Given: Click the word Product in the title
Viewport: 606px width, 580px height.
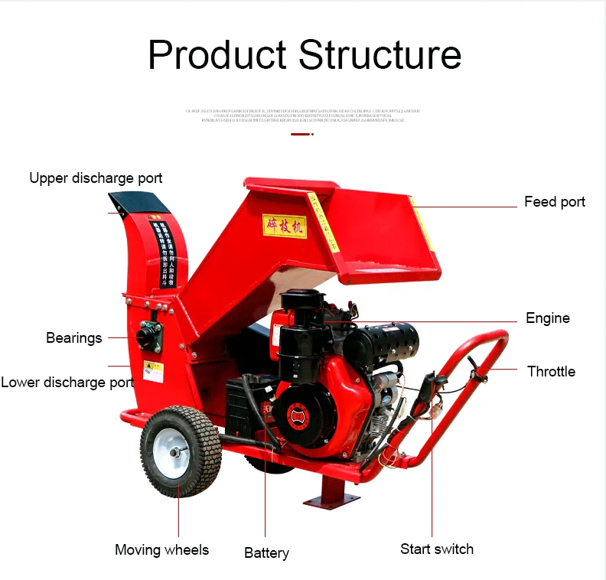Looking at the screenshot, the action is [217, 55].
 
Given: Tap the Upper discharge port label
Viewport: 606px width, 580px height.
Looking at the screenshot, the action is [96, 178].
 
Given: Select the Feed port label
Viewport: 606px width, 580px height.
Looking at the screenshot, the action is [554, 202].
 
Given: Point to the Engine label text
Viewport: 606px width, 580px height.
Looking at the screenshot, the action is [547, 318].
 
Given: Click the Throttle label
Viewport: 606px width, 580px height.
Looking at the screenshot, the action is [551, 372].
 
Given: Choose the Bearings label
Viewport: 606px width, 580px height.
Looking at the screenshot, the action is [73, 338].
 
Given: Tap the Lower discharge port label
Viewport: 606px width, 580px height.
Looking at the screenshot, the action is [67, 383].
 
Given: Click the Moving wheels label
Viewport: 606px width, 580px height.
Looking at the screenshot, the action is [161, 550].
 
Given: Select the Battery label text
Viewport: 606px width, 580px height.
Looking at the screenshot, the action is [266, 553].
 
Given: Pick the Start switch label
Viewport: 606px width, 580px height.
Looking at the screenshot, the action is [437, 549].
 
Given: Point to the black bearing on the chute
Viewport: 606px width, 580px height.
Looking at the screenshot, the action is [149, 334].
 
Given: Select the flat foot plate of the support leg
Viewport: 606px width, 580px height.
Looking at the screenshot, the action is [331, 500].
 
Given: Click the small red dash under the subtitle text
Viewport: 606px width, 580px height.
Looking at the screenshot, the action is [301, 134].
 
